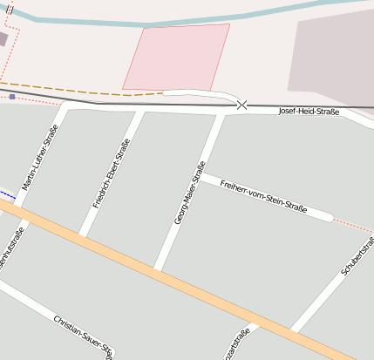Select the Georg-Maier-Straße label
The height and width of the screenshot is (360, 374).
click(x=189, y=194)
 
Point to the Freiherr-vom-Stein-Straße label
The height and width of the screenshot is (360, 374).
click(x=263, y=198)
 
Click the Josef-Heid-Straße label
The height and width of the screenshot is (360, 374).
click(x=308, y=112)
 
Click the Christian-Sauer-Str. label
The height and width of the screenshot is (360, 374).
click(x=83, y=336)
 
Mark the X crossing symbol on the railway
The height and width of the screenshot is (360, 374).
click(x=241, y=105)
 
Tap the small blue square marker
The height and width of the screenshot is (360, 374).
click(x=12, y=97)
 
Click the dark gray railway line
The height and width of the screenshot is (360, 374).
click(x=131, y=103)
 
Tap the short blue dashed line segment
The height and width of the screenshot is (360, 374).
click(x=7, y=195)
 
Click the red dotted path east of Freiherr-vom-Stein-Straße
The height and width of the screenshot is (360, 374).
click(x=353, y=226)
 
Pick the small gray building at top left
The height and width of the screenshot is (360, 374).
click(x=3, y=39)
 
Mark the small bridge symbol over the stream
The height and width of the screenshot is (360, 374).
click(x=10, y=8)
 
